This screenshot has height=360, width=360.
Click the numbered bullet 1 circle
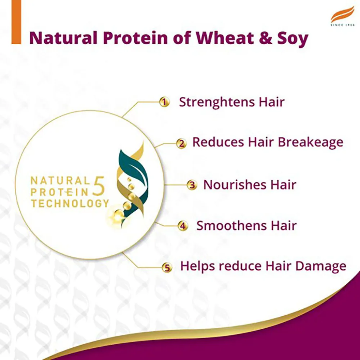(164, 102)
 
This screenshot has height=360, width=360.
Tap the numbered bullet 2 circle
(181, 143)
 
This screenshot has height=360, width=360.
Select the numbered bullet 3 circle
(191, 185)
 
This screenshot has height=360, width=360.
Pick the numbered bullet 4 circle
(182, 226)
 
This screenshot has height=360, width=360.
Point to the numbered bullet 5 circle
(167, 267)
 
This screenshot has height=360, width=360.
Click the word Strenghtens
(217, 102)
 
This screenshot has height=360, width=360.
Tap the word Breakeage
(310, 142)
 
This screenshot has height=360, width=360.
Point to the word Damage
(321, 266)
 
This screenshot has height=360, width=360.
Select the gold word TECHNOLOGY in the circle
(70, 203)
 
